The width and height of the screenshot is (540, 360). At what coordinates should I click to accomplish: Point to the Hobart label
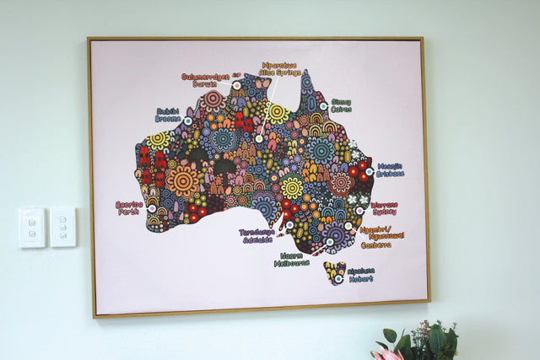click(360, 275)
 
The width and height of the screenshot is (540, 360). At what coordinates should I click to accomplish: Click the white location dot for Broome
click(187, 121)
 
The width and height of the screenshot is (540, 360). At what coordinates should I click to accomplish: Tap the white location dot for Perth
click(152, 207)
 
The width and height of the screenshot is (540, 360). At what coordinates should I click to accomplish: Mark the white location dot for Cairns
click(323, 106)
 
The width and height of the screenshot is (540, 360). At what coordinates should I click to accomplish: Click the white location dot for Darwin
click(236, 85)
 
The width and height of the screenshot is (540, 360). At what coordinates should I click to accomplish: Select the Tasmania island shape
click(335, 272)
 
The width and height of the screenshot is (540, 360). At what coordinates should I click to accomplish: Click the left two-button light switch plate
click(32, 228)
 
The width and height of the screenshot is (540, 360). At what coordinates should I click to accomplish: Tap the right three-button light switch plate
click(62, 227)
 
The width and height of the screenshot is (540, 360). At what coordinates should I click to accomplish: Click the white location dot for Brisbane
click(369, 171)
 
